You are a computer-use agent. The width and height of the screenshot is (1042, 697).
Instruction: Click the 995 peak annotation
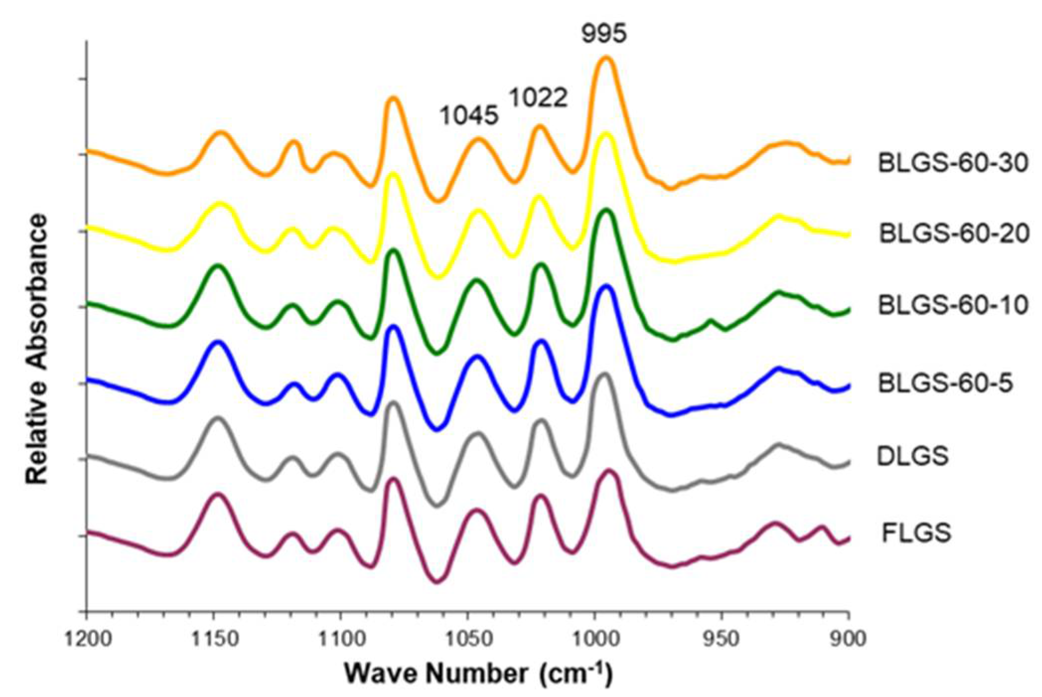[604, 34]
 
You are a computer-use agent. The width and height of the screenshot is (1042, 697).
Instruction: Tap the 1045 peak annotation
[469, 116]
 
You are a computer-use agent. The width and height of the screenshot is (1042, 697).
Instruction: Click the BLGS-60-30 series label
[953, 163]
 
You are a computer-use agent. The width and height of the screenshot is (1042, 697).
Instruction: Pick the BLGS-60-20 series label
[954, 233]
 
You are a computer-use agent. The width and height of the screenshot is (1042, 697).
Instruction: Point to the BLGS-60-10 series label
[953, 305]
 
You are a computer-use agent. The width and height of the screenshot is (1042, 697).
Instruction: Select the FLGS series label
[916, 533]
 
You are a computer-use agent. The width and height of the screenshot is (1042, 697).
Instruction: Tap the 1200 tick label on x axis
[87, 638]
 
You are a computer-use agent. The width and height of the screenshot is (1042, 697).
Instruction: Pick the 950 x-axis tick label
[722, 638]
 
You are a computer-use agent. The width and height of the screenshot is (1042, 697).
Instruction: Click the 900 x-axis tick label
[849, 638]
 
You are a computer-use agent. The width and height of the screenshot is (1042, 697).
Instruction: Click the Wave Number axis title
[479, 674]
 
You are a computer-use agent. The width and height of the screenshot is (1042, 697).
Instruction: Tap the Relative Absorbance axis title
[37, 348]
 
